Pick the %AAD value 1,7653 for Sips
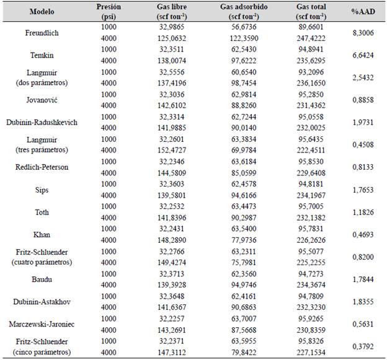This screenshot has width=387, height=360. pos(362,189)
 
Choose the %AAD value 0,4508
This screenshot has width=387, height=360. pos(362,144)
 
